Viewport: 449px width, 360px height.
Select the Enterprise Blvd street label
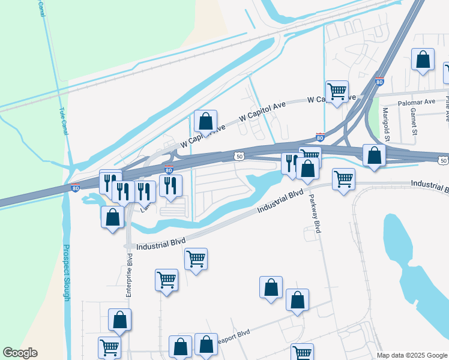click(x=128, y=275)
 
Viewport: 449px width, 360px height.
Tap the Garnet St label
click(x=414, y=116)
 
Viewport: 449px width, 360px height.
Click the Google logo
click(x=20, y=353)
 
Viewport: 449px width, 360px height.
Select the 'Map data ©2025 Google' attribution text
click(x=412, y=355)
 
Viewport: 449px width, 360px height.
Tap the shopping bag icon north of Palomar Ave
click(x=423, y=59)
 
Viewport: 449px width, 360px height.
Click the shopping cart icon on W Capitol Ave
click(x=337, y=91)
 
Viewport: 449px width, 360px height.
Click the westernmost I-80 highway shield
click(x=75, y=187)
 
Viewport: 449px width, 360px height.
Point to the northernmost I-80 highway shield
click(x=379, y=82)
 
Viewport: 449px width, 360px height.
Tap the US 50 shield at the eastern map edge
click(x=442, y=160)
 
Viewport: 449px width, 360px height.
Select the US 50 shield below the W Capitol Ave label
click(x=240, y=156)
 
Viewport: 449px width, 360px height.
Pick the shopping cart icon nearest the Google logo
click(x=109, y=347)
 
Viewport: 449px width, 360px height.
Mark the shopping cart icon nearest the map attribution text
click(x=302, y=353)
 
